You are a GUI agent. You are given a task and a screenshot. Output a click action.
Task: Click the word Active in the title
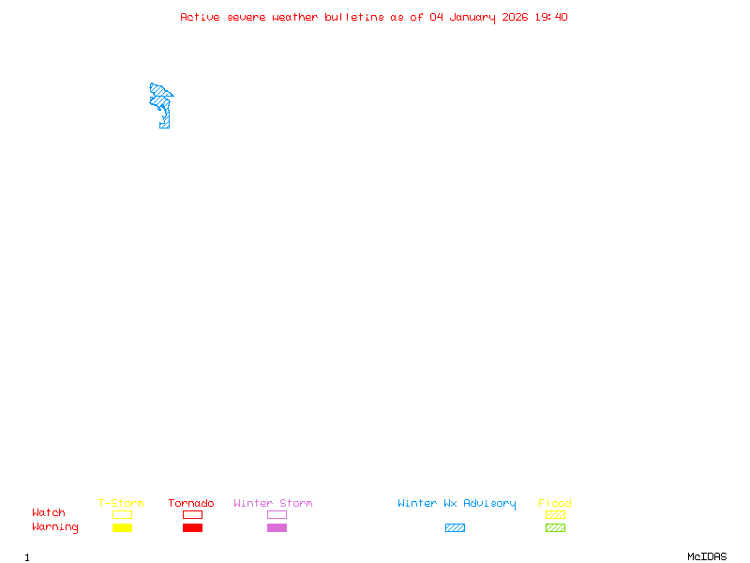pos(200,17)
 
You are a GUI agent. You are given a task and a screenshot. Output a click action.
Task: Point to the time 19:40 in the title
pos(551,17)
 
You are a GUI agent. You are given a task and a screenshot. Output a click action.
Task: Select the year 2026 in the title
pos(514,17)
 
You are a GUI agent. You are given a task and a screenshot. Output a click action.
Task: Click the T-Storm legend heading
pos(121,504)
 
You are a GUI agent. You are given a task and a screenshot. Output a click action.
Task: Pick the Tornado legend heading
pos(191,504)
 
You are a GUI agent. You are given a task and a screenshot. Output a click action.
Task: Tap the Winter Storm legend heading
pos(273,504)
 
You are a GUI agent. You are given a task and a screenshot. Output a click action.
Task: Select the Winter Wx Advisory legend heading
pos(457,504)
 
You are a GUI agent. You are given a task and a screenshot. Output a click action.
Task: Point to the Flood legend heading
pos(555,504)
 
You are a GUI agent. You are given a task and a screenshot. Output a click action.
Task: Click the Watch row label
pos(49,513)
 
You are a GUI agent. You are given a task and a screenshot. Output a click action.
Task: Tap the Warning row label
pos(55,527)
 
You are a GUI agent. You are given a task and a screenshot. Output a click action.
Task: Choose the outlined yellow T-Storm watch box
pos(122,514)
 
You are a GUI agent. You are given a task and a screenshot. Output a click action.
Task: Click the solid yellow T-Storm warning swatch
pos(122,527)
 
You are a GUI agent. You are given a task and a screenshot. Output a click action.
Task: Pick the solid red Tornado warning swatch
pos(192,527)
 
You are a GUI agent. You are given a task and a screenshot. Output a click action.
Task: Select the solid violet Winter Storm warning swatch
pos(277,527)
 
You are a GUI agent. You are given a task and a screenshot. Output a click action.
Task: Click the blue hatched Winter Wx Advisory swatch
pos(455,527)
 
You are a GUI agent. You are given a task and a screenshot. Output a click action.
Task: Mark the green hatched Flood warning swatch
pos(555,527)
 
